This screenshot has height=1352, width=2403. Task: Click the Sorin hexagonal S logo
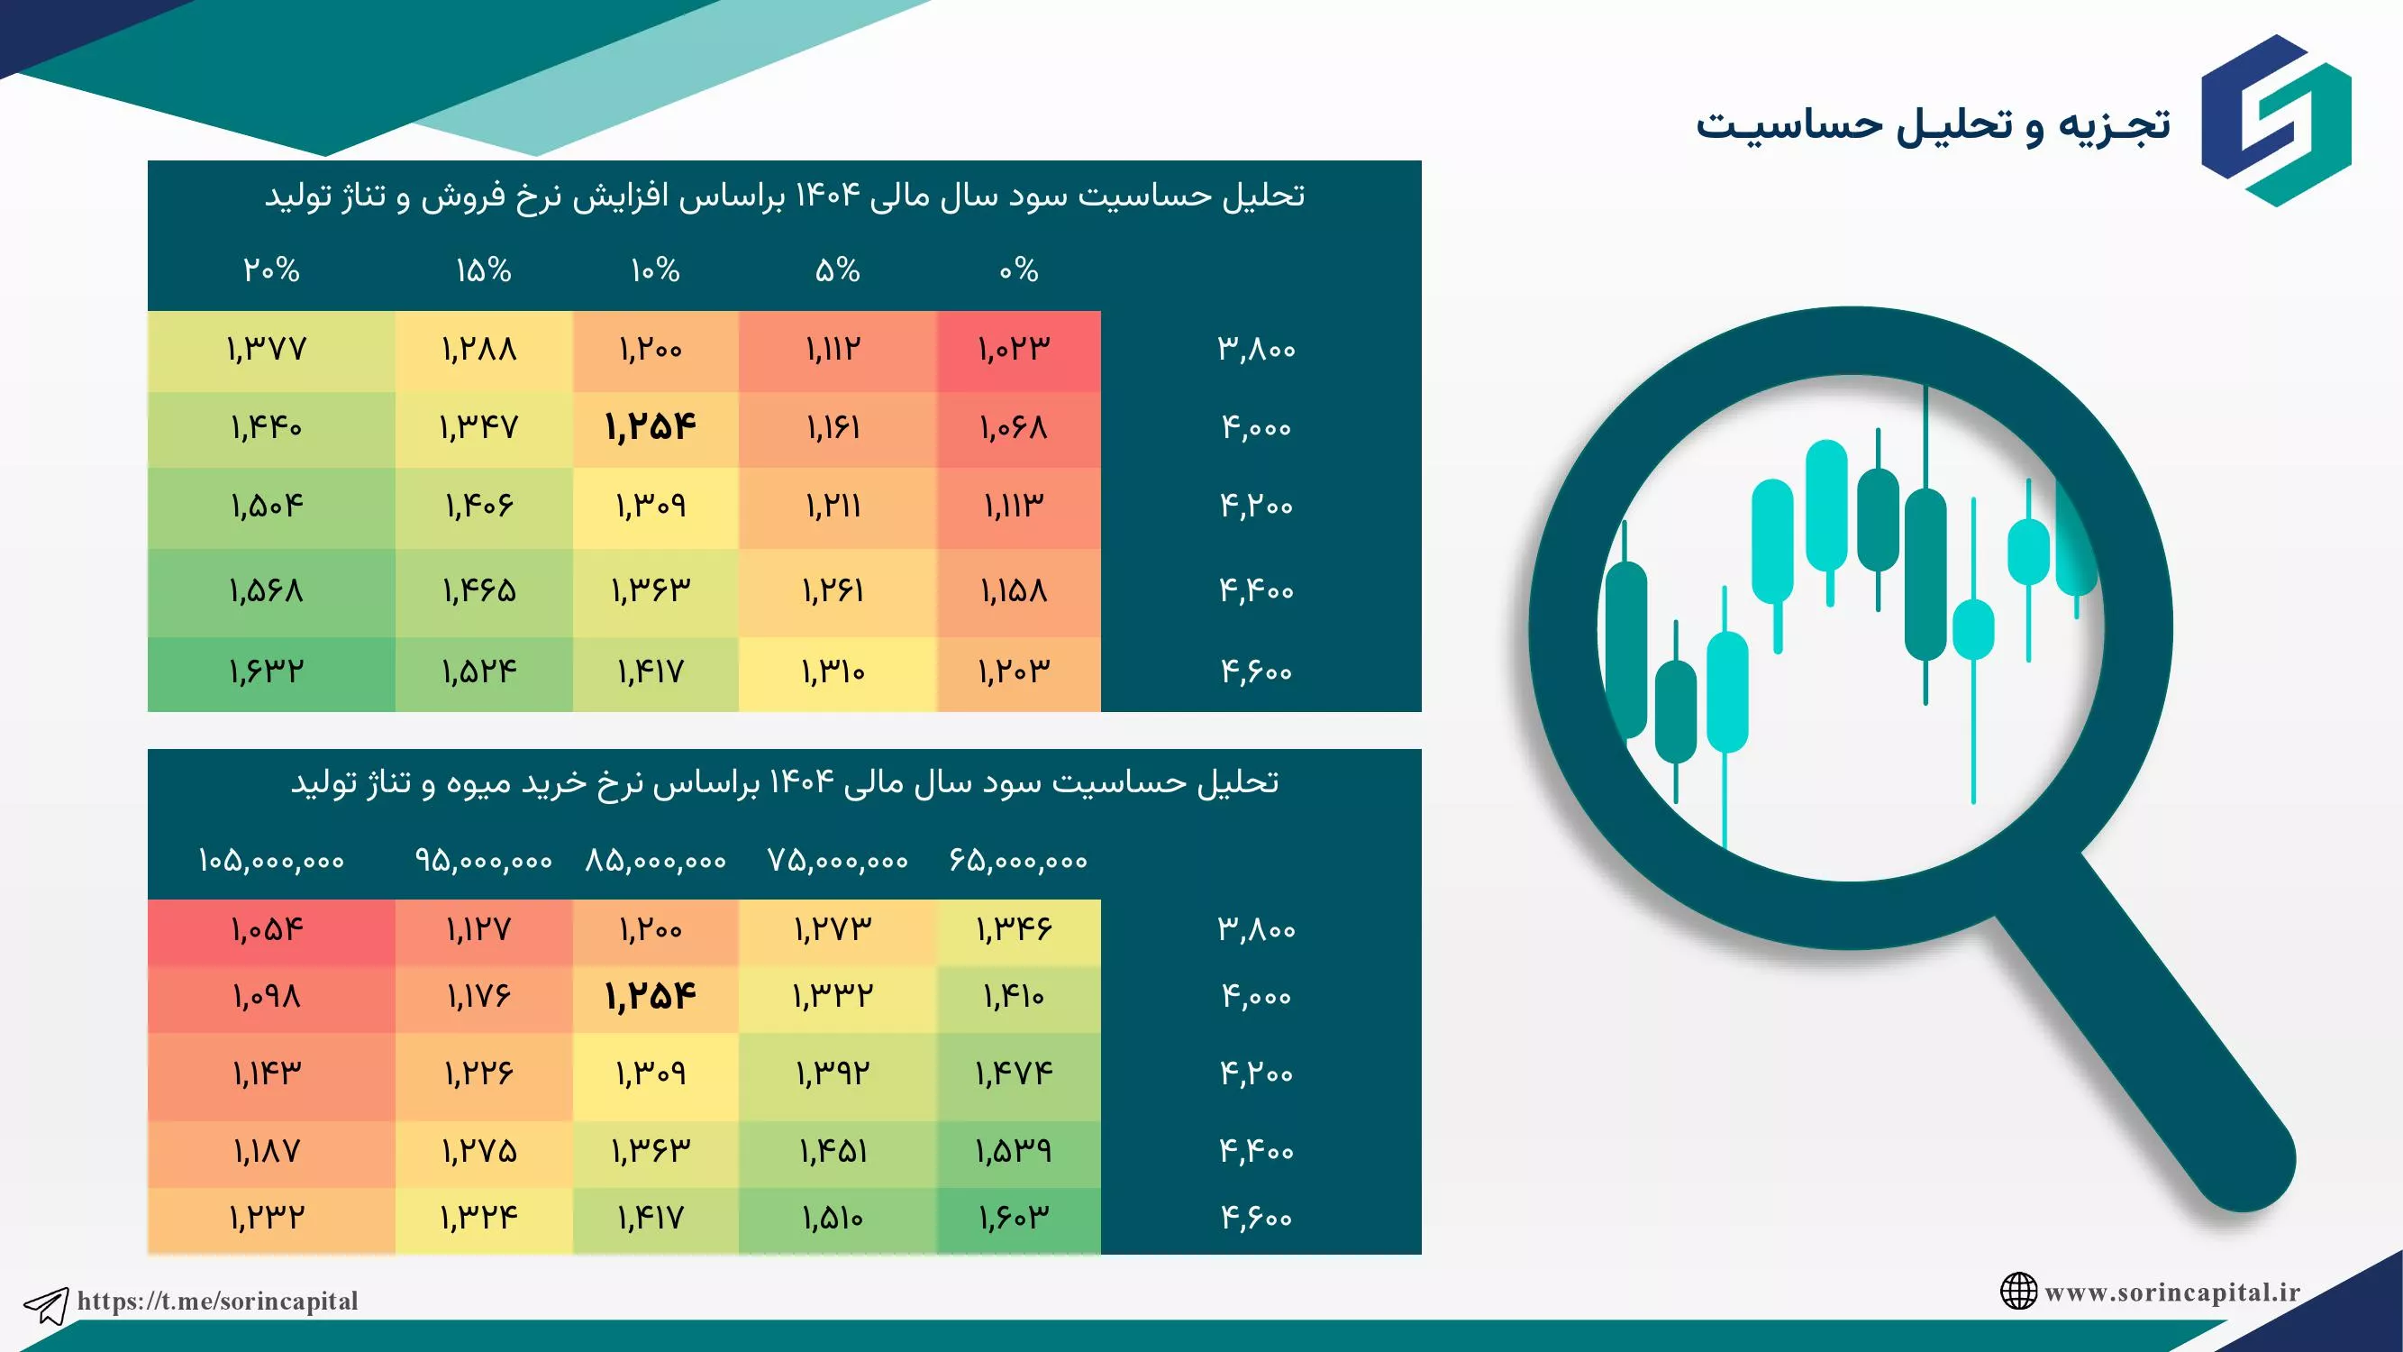pyautogui.click(x=2275, y=121)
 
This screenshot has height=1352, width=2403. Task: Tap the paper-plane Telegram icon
pyautogui.click(x=46, y=1304)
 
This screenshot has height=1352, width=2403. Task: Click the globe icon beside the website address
pyautogui.click(x=2017, y=1292)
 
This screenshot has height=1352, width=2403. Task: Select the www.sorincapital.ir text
pyautogui.click(x=2172, y=1293)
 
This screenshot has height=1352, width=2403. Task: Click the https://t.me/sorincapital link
pyautogui.click(x=217, y=1301)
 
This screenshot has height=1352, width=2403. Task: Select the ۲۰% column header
pyautogui.click(x=271, y=270)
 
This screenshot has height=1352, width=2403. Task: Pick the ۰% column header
pyautogui.click(x=1019, y=270)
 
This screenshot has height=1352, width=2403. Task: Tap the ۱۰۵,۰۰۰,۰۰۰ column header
pyautogui.click(x=271, y=860)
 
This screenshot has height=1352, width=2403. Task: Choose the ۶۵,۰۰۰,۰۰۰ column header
pyautogui.click(x=1019, y=860)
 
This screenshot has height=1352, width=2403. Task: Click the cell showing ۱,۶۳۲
pyautogui.click(x=271, y=672)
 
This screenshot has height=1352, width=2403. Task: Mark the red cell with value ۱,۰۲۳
pyautogui.click(x=1019, y=351)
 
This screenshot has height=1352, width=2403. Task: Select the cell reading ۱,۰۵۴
pyautogui.click(x=271, y=931)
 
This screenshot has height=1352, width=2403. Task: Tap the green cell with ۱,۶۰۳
pyautogui.click(x=1019, y=1219)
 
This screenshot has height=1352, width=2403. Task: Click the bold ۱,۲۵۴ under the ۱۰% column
pyautogui.click(x=651, y=428)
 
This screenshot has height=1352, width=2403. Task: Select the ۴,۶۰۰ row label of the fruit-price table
pyautogui.click(x=1258, y=1219)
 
